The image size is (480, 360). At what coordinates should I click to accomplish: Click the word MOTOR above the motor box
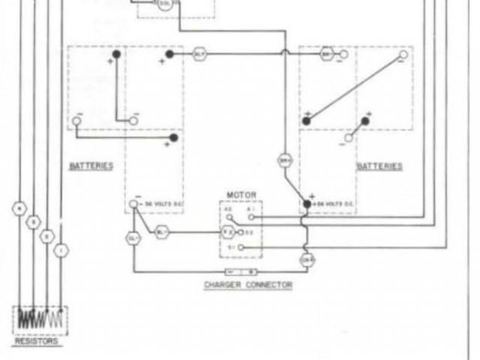coord(241,195)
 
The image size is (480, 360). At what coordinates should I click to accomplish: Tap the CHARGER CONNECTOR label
coord(248,286)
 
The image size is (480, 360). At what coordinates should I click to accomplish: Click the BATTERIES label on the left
coord(91,166)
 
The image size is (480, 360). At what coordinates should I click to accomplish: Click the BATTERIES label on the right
coord(379,166)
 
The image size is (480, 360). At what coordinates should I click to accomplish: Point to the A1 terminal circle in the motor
coord(251,217)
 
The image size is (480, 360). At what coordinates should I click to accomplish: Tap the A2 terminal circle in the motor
coord(230,217)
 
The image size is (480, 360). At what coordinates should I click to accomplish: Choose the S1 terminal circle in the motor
coord(240,246)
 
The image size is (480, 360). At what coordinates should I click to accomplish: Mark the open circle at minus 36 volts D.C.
coord(133,204)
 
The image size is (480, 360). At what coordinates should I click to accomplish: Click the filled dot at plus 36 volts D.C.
coord(307,204)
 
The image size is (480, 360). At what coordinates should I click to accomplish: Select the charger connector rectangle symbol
coord(241,271)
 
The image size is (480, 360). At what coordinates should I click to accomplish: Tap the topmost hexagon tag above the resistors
coord(20,208)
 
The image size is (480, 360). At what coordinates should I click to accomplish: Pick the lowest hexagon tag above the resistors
coord(61,250)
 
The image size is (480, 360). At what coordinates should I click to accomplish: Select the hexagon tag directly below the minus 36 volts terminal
coord(133,238)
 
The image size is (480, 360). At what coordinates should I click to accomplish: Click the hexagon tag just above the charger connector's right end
coord(306,260)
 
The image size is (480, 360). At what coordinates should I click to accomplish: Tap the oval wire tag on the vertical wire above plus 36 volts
coord(286,160)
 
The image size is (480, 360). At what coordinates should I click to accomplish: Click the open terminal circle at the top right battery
coord(403,55)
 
